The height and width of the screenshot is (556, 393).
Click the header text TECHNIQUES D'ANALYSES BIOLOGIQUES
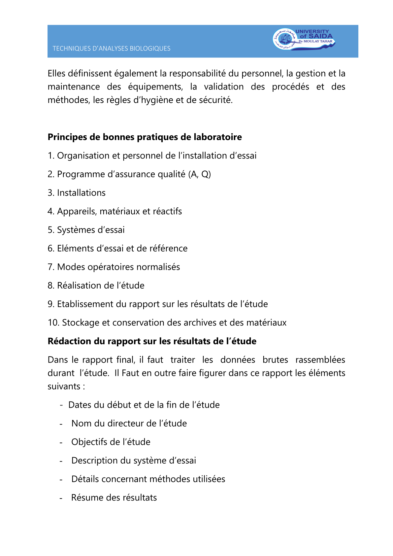click(x=112, y=49)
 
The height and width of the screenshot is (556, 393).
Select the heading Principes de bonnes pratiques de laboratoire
click(x=145, y=137)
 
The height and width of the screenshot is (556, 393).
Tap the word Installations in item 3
click(x=81, y=193)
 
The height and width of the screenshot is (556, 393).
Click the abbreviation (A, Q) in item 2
click(x=199, y=174)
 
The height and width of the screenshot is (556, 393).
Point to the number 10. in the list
click(x=53, y=323)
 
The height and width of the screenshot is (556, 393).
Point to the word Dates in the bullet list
click(x=80, y=405)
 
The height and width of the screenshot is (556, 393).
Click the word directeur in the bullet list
click(x=126, y=423)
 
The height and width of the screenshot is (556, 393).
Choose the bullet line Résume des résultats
click(x=114, y=498)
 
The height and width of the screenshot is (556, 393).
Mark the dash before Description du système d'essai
click(x=61, y=461)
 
